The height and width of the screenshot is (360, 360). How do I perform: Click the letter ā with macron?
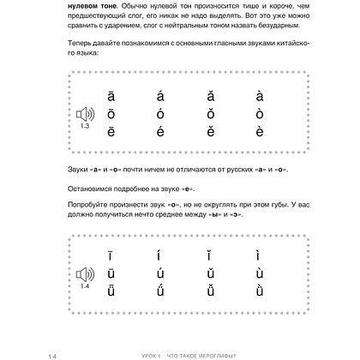point(111,97)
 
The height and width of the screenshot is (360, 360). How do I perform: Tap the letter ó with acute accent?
point(160,113)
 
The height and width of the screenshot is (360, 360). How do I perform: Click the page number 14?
point(29,349)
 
